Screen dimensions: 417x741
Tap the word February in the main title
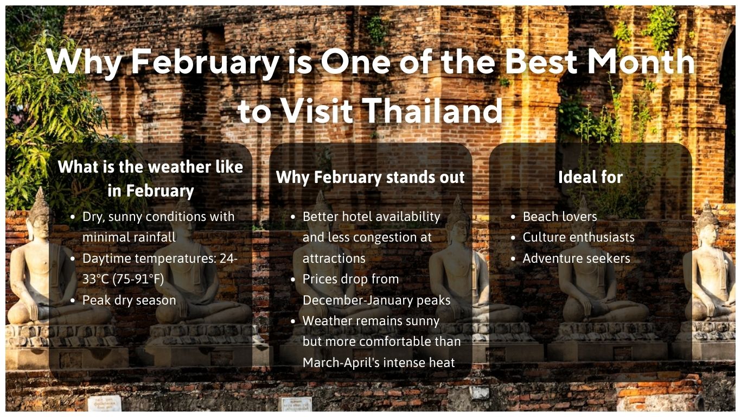pyautogui.click(x=205, y=61)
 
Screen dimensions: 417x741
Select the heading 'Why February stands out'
pyautogui.click(x=370, y=178)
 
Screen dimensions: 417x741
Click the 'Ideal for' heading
pyautogui.click(x=590, y=177)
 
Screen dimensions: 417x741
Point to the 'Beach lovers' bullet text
pyautogui.click(x=559, y=217)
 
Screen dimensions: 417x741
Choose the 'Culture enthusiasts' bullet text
pyautogui.click(x=578, y=237)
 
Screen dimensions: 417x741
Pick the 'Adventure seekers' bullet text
pyautogui.click(x=576, y=258)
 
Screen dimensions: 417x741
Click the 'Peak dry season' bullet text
pyautogui.click(x=129, y=300)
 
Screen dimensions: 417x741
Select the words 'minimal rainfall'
pyautogui.click(x=129, y=237)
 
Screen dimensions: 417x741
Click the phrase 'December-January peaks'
pyautogui.click(x=376, y=300)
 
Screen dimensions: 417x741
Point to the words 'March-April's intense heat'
pyautogui.click(x=379, y=363)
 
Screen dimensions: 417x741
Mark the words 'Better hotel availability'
pyautogui.click(x=371, y=217)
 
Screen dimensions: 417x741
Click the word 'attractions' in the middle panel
pyautogui.click(x=334, y=258)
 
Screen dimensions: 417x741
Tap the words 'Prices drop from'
pyautogui.click(x=350, y=279)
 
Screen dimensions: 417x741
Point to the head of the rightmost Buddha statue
pyautogui.click(x=707, y=223)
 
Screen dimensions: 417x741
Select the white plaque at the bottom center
pyautogui.click(x=296, y=404)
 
